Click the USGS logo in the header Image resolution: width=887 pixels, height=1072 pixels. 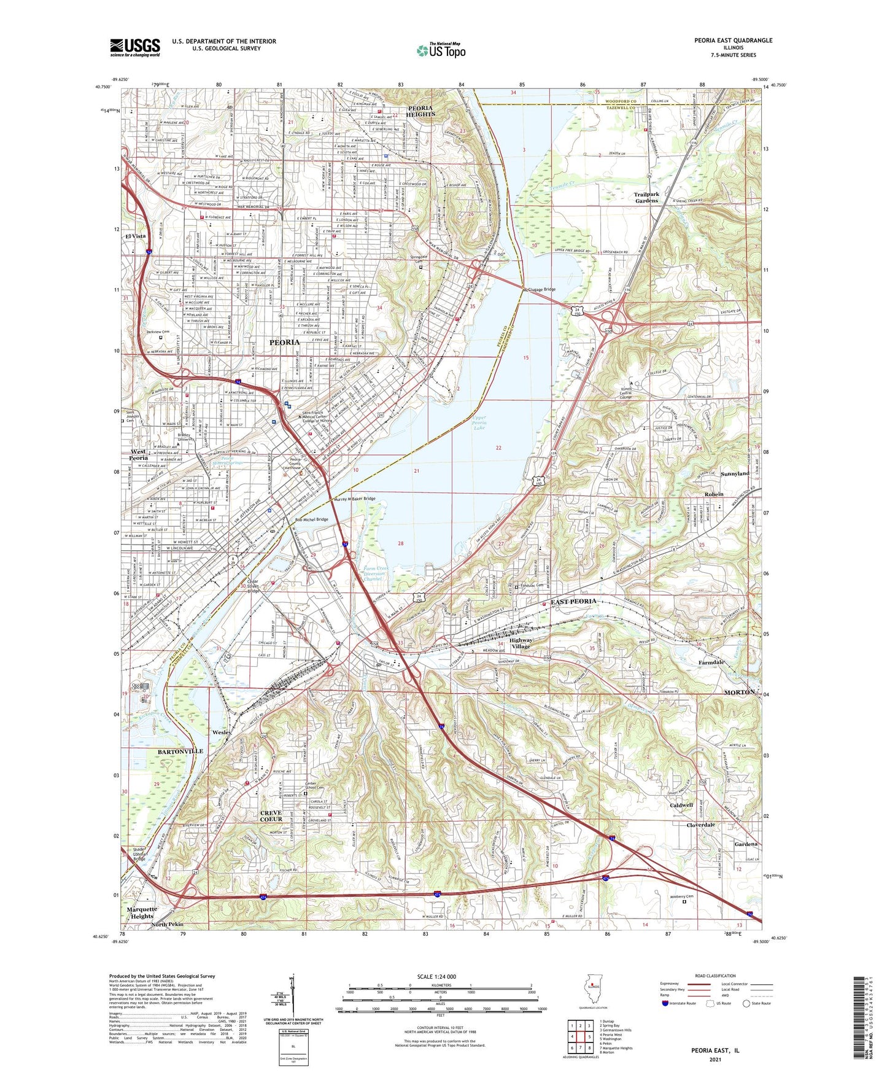click(x=135, y=47)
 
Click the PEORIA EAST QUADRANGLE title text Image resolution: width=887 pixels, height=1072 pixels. click(x=733, y=41)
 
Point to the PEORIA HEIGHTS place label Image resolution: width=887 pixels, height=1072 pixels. click(x=420, y=111)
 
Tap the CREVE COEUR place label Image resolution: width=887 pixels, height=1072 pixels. click(x=271, y=815)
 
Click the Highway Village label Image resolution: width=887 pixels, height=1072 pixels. click(x=521, y=643)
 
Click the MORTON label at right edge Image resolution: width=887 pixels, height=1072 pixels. click(x=740, y=692)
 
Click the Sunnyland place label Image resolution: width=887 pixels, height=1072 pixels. click(x=734, y=474)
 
